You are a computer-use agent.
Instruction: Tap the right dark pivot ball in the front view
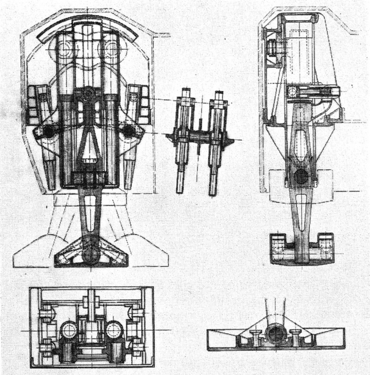(x=128, y=131)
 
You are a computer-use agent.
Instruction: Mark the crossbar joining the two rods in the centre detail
(x=197, y=139)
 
